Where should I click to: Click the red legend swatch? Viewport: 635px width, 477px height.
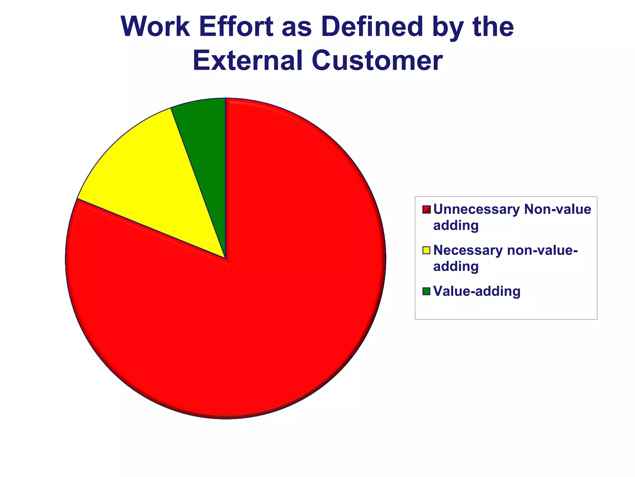coord(426,210)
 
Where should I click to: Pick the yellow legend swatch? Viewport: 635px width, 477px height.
coord(426,250)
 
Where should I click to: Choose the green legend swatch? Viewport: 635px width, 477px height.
coord(426,291)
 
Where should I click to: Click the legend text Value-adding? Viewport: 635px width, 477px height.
coord(477,291)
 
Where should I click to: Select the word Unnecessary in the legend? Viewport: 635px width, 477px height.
coord(476,209)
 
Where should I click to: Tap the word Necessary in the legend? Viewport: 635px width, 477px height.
coord(468,250)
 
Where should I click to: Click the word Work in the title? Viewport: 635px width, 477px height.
coord(155,27)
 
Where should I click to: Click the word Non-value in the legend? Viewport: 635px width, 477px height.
coord(558,209)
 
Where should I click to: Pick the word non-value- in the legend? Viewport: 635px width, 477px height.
coord(543,250)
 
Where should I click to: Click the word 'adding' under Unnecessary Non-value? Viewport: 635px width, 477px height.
coord(456,226)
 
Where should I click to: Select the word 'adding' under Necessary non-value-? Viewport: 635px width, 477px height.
coord(456,267)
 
